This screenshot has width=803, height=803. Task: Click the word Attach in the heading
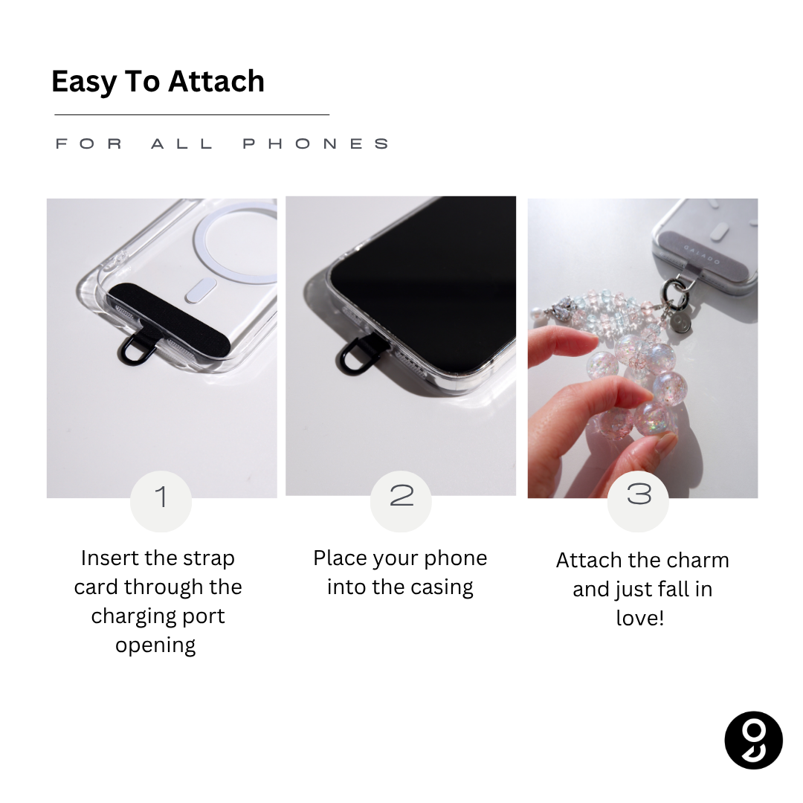coord(216,82)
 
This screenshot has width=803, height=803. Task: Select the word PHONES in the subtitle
coord(315,144)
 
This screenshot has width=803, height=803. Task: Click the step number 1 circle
coord(161,501)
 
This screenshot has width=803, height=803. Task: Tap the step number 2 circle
coord(401,501)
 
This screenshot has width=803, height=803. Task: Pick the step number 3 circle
coord(638,501)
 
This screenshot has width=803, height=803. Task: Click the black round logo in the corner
coord(753,740)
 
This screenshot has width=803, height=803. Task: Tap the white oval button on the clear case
coord(200,290)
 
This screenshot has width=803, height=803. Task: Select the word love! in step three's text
coord(640,618)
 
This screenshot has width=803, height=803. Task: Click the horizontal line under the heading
coord(192,115)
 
